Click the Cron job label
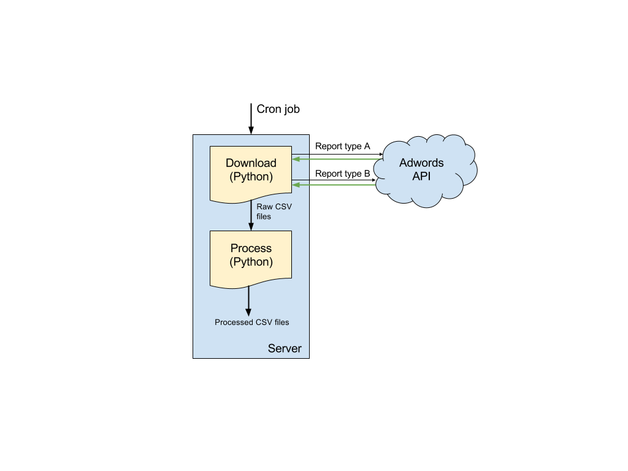278,109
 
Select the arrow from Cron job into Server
251,118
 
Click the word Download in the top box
251,163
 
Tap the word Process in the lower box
251,248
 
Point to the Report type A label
342,146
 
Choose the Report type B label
342,174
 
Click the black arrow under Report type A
337,154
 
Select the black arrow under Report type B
334,180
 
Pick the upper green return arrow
338,159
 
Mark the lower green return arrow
334,185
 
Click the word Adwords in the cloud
421,163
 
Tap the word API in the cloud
421,176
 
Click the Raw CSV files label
274,212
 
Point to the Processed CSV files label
251,322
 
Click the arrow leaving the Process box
248,301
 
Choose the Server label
285,348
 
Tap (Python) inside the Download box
251,177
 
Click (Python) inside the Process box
251,262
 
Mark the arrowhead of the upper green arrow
296,159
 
